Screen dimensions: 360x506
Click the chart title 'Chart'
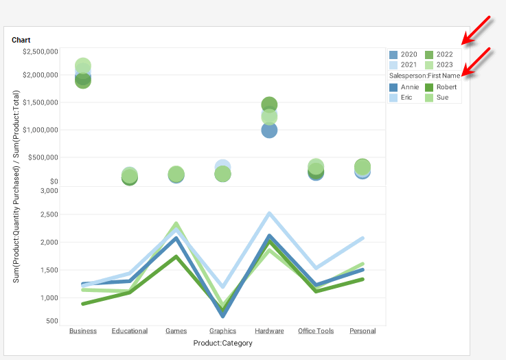pos(21,41)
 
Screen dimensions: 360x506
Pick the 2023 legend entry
pos(439,65)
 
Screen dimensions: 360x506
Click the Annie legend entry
pos(404,87)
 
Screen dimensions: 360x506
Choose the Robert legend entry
pos(440,87)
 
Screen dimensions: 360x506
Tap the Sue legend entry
pos(437,98)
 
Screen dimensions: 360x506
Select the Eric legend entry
pos(402,98)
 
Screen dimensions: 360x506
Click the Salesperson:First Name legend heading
pos(424,76)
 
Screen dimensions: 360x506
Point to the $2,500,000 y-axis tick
pos(40,52)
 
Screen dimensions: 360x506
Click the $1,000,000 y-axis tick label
pos(40,130)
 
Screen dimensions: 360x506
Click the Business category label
pos(83,331)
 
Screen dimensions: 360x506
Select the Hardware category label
pos(269,331)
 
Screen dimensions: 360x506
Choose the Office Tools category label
pos(316,331)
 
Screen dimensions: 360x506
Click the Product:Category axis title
pos(222,343)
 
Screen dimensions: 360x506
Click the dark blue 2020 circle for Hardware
pos(269,130)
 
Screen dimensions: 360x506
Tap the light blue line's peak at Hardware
pos(269,213)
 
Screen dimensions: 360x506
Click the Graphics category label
pos(222,331)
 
